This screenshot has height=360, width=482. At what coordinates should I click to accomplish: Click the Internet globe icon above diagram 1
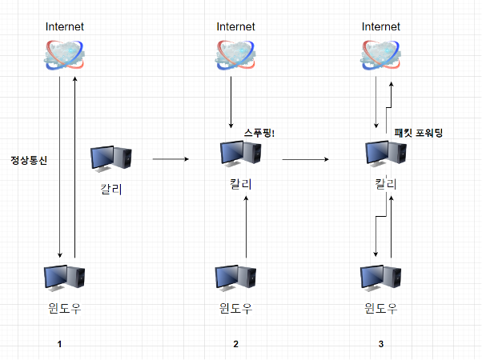point(65,53)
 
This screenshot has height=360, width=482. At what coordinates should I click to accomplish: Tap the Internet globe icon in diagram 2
point(235,53)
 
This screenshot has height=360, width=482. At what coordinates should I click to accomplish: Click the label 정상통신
point(29,160)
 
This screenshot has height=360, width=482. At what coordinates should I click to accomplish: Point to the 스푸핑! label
point(259,133)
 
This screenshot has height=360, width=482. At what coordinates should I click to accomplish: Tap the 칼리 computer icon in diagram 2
point(236,155)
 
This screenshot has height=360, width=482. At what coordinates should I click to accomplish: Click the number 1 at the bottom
point(59,344)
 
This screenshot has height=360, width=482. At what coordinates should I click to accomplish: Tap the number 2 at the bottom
point(235,344)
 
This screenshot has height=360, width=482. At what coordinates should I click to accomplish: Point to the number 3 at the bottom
point(381,344)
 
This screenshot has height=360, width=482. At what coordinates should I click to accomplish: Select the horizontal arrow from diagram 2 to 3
point(305,160)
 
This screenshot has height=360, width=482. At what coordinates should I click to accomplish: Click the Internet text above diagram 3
point(380,26)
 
